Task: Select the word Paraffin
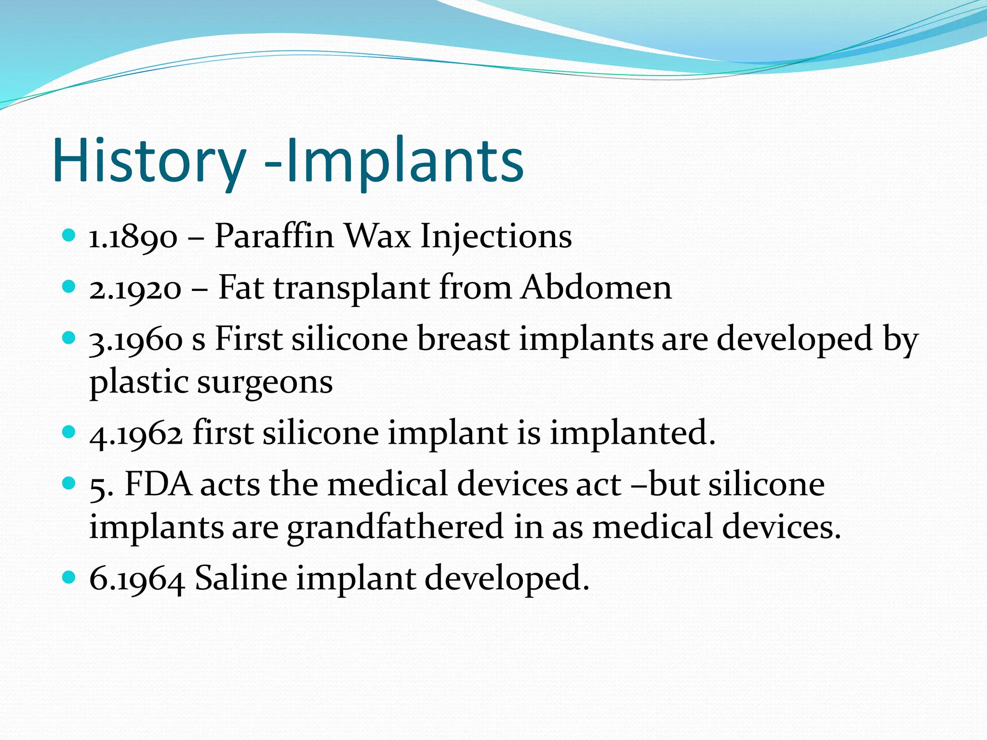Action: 274,237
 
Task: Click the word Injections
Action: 496,238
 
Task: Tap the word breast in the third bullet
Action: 463,339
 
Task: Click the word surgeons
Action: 265,383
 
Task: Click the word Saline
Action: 241,578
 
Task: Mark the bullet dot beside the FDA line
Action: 69,483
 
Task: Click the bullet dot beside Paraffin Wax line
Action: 69,236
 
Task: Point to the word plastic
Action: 139,383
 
